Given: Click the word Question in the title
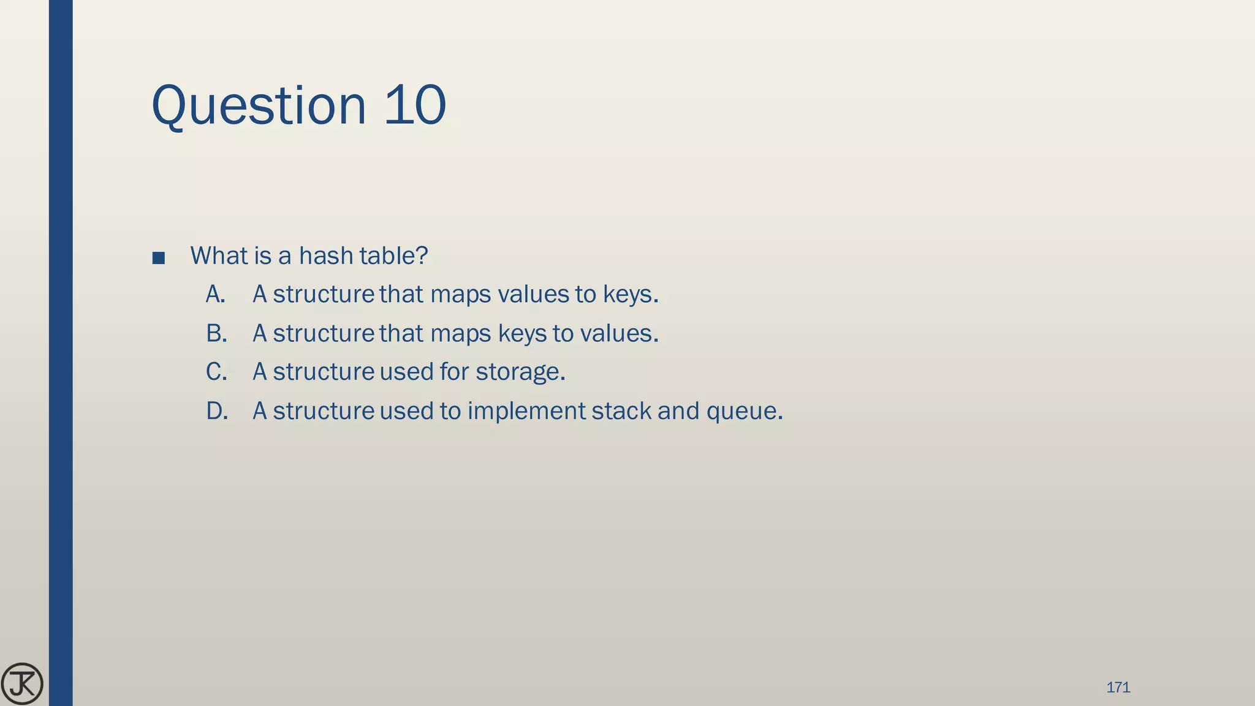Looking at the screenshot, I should [258, 106].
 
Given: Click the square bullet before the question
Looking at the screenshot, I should [158, 257].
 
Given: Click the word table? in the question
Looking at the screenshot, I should [393, 256].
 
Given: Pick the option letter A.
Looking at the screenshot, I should [215, 294].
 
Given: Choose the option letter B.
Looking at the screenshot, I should [216, 333].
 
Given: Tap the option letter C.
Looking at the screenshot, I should [216, 372].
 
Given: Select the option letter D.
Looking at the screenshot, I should [217, 411].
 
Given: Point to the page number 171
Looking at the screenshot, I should [1118, 687].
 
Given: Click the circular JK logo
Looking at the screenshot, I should [22, 684].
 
